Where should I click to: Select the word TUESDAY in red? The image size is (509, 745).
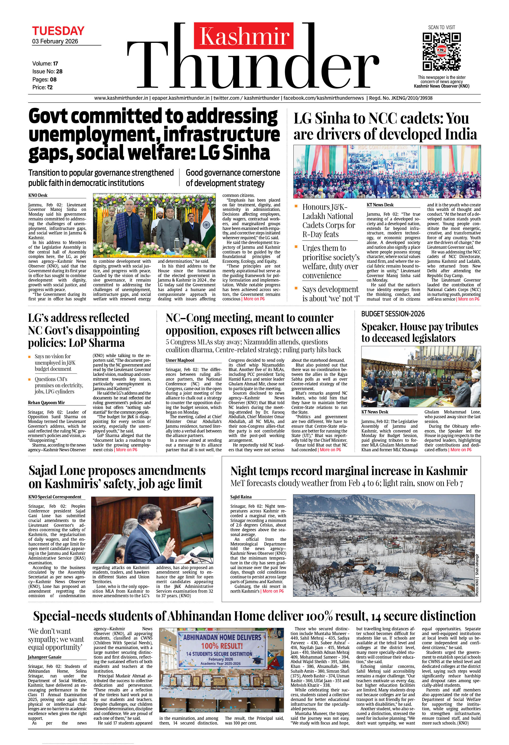(58, 31)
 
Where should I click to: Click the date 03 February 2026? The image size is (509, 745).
(55, 41)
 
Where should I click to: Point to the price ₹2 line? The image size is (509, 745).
(42, 87)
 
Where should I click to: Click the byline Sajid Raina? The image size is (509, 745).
(241, 497)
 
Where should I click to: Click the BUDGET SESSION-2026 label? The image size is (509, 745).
(393, 314)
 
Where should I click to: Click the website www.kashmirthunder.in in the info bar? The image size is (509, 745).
(121, 98)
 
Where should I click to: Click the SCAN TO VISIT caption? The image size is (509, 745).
(441, 27)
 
